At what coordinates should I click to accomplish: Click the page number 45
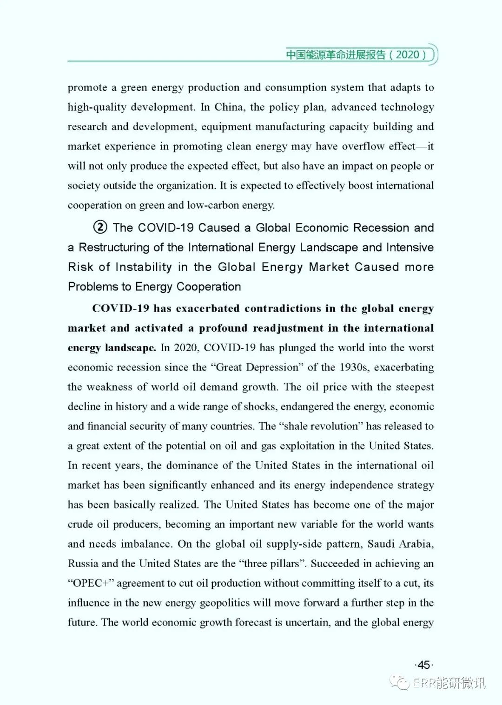point(423,665)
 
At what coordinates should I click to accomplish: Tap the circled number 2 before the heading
point(100,228)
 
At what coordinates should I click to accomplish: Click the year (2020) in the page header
point(408,55)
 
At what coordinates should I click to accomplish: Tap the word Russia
point(83,564)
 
